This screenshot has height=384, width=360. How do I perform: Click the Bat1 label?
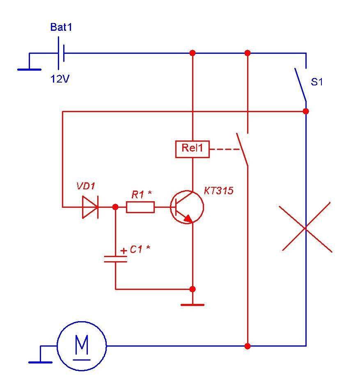tap(61, 28)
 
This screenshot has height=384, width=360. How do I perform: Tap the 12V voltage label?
tap(60, 79)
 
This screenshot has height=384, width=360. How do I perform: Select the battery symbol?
tap(61, 53)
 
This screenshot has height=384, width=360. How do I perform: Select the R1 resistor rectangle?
tap(140, 207)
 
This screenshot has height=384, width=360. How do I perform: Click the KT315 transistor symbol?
tap(187, 207)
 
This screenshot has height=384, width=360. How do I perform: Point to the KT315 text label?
tap(218, 191)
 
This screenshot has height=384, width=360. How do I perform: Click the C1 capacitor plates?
tap(115, 259)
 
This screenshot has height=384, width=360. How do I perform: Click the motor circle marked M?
tap(82, 346)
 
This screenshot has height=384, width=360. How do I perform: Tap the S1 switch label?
tap(316, 82)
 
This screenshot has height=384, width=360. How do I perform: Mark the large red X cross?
tap(306, 227)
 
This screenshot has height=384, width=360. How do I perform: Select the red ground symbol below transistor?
tap(193, 304)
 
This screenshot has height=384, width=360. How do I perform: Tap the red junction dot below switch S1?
tap(306, 111)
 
